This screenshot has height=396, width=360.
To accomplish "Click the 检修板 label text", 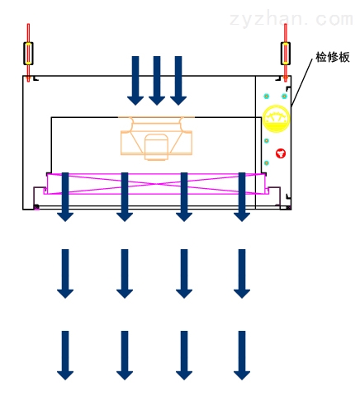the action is (x=333, y=57).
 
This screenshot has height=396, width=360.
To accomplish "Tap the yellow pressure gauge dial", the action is (x=276, y=118).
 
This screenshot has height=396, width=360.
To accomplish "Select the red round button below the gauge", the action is (x=281, y=153).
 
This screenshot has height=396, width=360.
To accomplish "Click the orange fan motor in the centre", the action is (x=156, y=139).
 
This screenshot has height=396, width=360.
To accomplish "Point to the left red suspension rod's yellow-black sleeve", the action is (x=28, y=54).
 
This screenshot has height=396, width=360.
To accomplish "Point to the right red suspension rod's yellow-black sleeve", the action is (x=286, y=54).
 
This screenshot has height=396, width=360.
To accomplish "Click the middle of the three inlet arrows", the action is (x=157, y=81).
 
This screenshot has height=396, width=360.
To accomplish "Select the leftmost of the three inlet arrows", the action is (x=135, y=81).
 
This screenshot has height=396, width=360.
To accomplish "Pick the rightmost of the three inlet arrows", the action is (x=178, y=81).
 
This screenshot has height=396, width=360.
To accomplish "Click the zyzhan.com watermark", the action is (x=291, y=19).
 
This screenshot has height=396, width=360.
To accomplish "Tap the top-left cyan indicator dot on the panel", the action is (x=266, y=97).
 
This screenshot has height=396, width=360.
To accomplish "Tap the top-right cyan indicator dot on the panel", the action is (x=284, y=97).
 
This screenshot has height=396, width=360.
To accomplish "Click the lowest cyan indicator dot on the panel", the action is (x=267, y=163).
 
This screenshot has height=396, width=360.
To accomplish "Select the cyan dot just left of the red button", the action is (x=267, y=141).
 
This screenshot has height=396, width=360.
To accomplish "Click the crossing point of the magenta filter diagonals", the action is (x=156, y=184).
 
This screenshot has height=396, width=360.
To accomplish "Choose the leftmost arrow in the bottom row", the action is (x=65, y=356).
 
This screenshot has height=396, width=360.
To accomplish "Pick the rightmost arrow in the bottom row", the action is (x=242, y=356).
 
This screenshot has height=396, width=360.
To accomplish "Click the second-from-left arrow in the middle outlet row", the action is (x=125, y=274).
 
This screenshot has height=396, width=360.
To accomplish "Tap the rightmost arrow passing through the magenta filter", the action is (x=242, y=197).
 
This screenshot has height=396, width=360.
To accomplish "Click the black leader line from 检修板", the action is (x=302, y=82).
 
